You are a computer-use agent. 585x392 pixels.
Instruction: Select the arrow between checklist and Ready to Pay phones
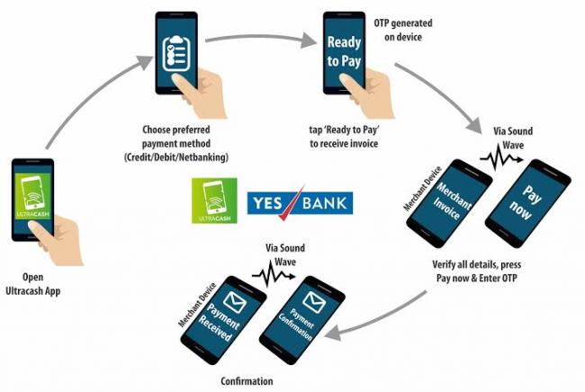click(x=262, y=39)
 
